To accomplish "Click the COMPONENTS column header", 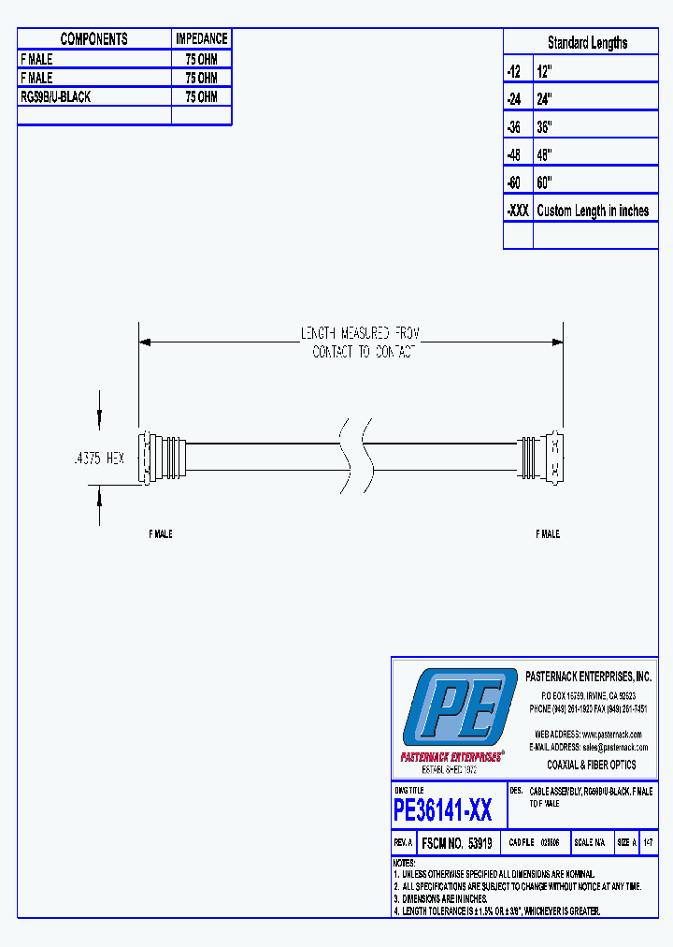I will click(93, 39).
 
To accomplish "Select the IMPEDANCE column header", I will click(201, 39).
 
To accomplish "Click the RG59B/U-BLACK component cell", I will click(56, 96).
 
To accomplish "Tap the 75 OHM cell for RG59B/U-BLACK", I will click(201, 96).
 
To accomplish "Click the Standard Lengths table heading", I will click(587, 43).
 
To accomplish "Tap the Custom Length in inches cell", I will click(593, 211).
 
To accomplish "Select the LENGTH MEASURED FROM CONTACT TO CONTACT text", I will click(360, 342).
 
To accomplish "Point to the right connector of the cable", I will click(541, 457).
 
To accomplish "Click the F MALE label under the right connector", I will click(548, 533).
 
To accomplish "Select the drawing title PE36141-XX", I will click(443, 808).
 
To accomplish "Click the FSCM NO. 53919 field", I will click(457, 843).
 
